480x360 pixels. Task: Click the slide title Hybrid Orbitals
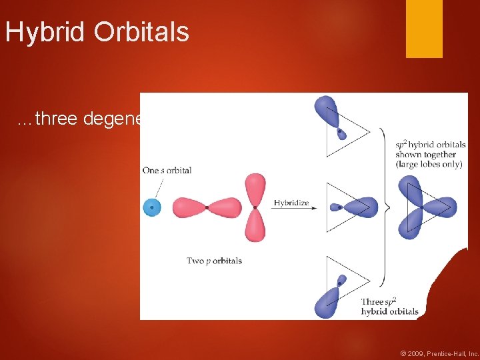[97, 31]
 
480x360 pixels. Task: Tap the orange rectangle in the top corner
[424, 28]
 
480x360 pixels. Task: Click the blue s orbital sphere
[152, 207]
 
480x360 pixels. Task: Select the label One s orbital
[167, 170]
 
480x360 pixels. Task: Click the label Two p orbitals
[214, 261]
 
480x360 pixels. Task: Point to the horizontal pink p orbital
[207, 208]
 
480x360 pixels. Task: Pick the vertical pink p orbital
[255, 207]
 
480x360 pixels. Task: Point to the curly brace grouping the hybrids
[383, 207]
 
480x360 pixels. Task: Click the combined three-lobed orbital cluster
[425, 207]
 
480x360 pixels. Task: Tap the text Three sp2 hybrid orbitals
[389, 307]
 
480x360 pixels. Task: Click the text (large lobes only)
[429, 164]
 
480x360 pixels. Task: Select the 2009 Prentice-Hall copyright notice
[439, 353]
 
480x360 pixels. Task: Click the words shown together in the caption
[427, 154]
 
